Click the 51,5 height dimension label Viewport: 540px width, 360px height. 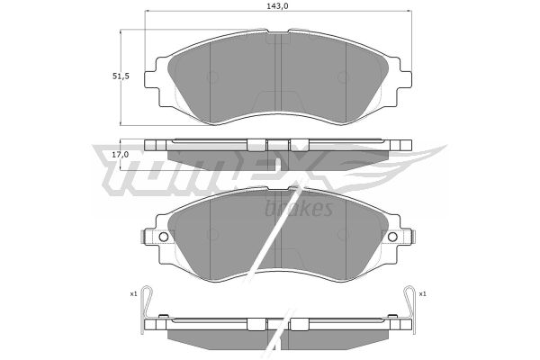121,76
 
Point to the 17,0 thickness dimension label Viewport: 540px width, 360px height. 121,155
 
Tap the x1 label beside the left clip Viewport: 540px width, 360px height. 133,294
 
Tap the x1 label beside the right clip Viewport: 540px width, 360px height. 423,294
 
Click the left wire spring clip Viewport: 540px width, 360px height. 146,309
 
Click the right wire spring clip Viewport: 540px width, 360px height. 409,309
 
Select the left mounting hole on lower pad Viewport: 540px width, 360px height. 164,237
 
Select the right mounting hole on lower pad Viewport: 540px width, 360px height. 392,237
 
